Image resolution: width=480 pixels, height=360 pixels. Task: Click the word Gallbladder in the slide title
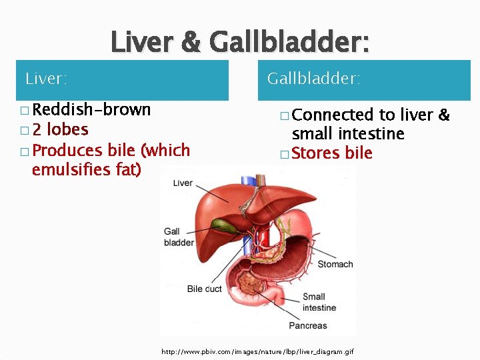tap(289, 43)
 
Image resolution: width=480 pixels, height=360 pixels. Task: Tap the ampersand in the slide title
tap(190, 43)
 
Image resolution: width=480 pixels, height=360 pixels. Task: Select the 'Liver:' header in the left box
tap(46, 79)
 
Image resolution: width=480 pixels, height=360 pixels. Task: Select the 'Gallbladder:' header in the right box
tap(313, 79)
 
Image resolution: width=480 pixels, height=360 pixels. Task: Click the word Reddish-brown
tap(91, 109)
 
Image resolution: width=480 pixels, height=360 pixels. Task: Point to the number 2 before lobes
tap(37, 129)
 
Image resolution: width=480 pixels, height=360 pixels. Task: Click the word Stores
tap(317, 153)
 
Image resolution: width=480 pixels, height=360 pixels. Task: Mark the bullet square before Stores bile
tap(285, 155)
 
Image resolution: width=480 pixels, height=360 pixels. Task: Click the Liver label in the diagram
tap(183, 183)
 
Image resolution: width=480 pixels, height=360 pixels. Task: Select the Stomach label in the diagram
tap(335, 265)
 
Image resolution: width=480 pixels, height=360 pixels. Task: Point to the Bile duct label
tap(204, 289)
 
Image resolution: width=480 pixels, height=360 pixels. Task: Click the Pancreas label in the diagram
tap(307, 325)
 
